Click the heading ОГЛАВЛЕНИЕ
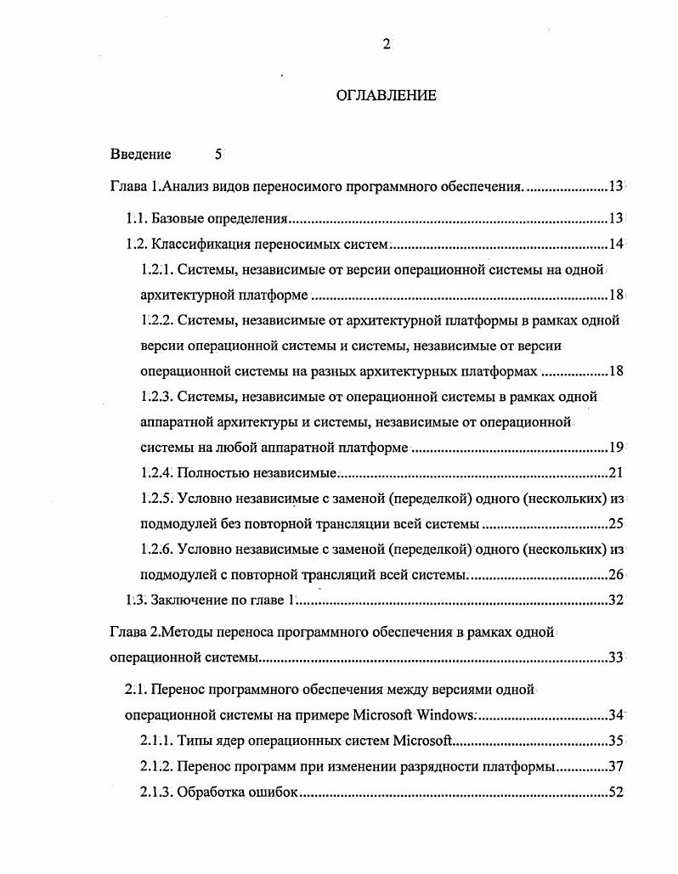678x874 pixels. click(x=387, y=95)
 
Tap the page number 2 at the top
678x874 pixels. click(x=386, y=45)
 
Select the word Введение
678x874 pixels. click(x=140, y=154)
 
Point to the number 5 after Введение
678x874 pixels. click(x=218, y=154)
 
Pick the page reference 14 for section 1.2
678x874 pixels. click(x=616, y=245)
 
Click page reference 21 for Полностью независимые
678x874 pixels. click(x=616, y=473)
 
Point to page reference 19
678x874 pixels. click(x=616, y=448)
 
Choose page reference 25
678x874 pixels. click(x=616, y=523)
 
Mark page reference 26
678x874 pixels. click(x=616, y=574)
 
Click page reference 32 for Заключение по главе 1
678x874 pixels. click(x=616, y=600)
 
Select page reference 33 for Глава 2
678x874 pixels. click(x=616, y=657)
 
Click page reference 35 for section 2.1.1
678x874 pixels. click(x=616, y=741)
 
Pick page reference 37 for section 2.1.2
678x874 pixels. click(x=616, y=766)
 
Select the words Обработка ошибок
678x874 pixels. click(x=239, y=792)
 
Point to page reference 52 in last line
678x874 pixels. click(x=616, y=792)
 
